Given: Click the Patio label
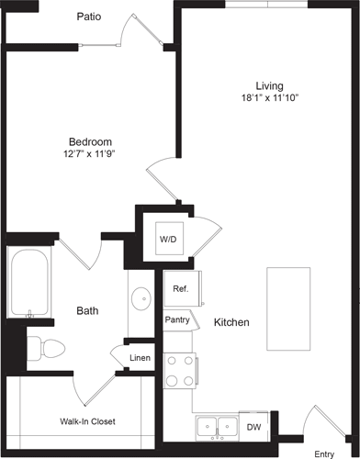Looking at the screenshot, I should click(90, 17).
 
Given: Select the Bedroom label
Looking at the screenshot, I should click(90, 141).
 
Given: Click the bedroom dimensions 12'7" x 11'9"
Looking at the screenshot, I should click(90, 155).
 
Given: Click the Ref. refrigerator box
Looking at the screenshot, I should click(181, 289).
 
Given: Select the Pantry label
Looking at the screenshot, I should click(177, 319).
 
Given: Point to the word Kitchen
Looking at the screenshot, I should click(232, 323).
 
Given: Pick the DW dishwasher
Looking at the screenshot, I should click(253, 427).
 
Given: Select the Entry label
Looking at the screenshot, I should click(324, 453).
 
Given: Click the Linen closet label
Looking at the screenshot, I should click(140, 357).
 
